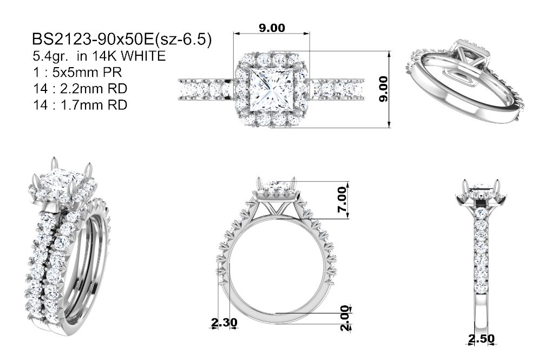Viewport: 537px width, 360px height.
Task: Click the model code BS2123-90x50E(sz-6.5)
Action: click(122, 40)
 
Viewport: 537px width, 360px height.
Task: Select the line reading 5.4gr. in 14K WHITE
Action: click(99, 56)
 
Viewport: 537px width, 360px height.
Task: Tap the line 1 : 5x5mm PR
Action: click(77, 73)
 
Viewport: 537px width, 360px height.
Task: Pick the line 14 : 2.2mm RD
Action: click(80, 88)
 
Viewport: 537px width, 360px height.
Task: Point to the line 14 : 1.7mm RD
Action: click(80, 104)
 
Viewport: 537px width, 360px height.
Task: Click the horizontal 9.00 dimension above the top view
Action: click(272, 28)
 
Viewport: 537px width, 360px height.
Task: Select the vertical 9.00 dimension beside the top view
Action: click(384, 89)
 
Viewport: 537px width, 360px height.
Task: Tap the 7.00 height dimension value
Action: click(343, 199)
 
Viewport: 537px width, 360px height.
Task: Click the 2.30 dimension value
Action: click(224, 322)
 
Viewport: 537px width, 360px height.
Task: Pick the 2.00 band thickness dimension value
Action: click(345, 318)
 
